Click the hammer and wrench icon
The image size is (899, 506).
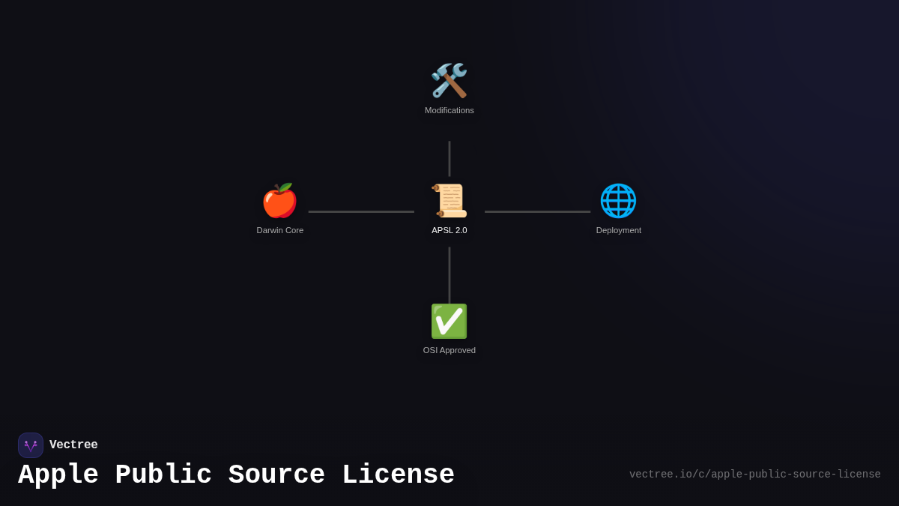click(449, 81)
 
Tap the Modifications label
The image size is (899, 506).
click(449, 110)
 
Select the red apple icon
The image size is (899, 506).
click(279, 201)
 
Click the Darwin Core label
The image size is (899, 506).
click(280, 230)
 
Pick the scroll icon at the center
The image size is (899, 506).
click(449, 201)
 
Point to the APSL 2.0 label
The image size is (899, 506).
click(449, 230)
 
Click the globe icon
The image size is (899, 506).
click(618, 201)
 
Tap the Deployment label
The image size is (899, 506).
click(619, 230)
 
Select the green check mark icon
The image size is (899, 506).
click(449, 321)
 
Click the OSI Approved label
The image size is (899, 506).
click(449, 350)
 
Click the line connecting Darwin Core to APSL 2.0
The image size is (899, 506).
click(361, 211)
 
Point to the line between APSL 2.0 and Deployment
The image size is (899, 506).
click(537, 211)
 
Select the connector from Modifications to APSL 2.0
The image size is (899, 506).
click(449, 158)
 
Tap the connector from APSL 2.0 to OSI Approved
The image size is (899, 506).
click(449, 274)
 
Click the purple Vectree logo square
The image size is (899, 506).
click(31, 445)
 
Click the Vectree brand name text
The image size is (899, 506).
click(73, 445)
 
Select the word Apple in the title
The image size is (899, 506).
click(58, 475)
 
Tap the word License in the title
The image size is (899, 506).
click(398, 475)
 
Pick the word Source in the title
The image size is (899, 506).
click(276, 475)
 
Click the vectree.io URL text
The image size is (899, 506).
click(754, 475)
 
